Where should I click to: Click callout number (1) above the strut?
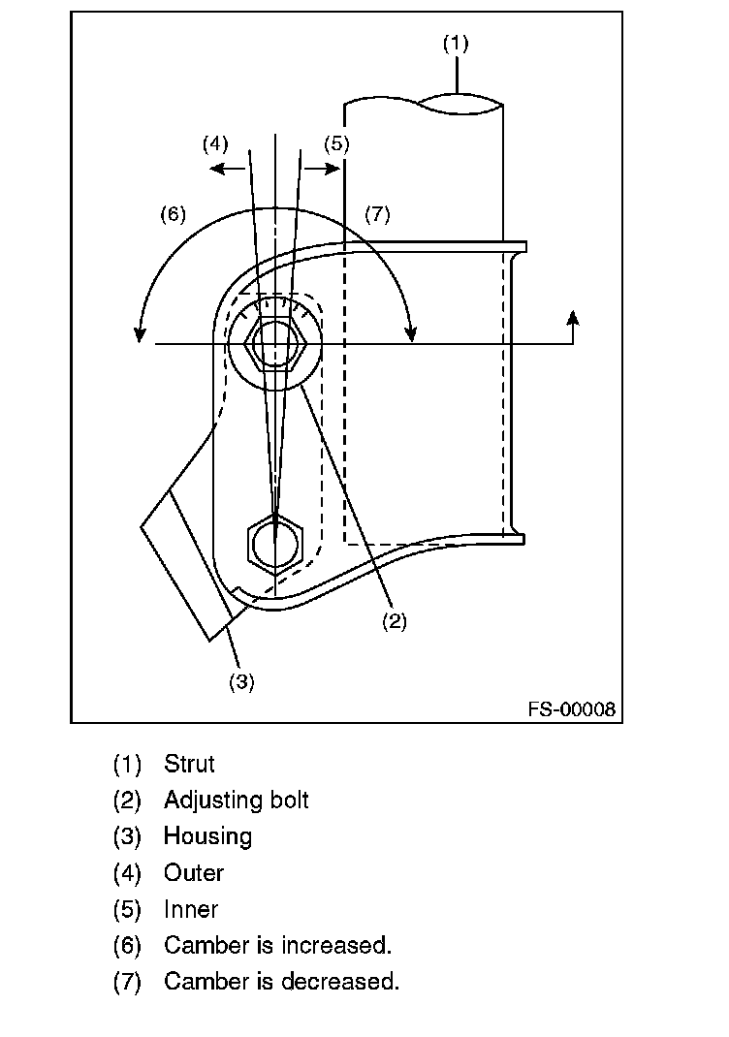(456, 44)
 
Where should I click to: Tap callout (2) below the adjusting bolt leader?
(393, 622)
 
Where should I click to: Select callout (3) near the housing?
(241, 681)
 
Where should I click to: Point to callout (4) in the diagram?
(215, 144)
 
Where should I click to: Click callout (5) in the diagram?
(335, 144)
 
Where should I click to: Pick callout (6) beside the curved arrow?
(173, 214)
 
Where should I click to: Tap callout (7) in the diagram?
(377, 214)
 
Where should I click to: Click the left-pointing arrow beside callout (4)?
(229, 169)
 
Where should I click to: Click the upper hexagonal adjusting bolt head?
(276, 344)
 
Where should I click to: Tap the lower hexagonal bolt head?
(276, 545)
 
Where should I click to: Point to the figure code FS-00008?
(571, 709)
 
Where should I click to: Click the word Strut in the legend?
(189, 764)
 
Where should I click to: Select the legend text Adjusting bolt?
(236, 801)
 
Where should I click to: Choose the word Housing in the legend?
(207, 836)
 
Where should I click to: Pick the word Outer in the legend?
(193, 873)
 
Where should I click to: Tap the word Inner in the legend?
(191, 909)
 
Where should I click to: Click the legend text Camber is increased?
(277, 945)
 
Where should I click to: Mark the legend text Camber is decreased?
(281, 981)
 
